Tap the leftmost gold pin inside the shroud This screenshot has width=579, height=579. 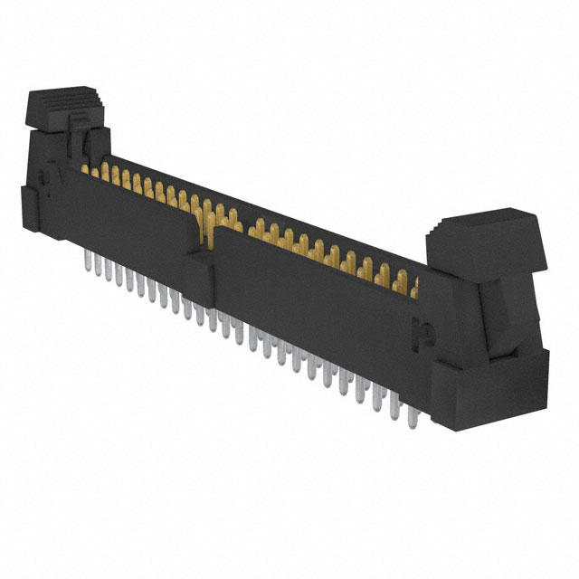(x=89, y=169)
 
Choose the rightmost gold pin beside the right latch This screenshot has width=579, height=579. (x=414, y=288)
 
